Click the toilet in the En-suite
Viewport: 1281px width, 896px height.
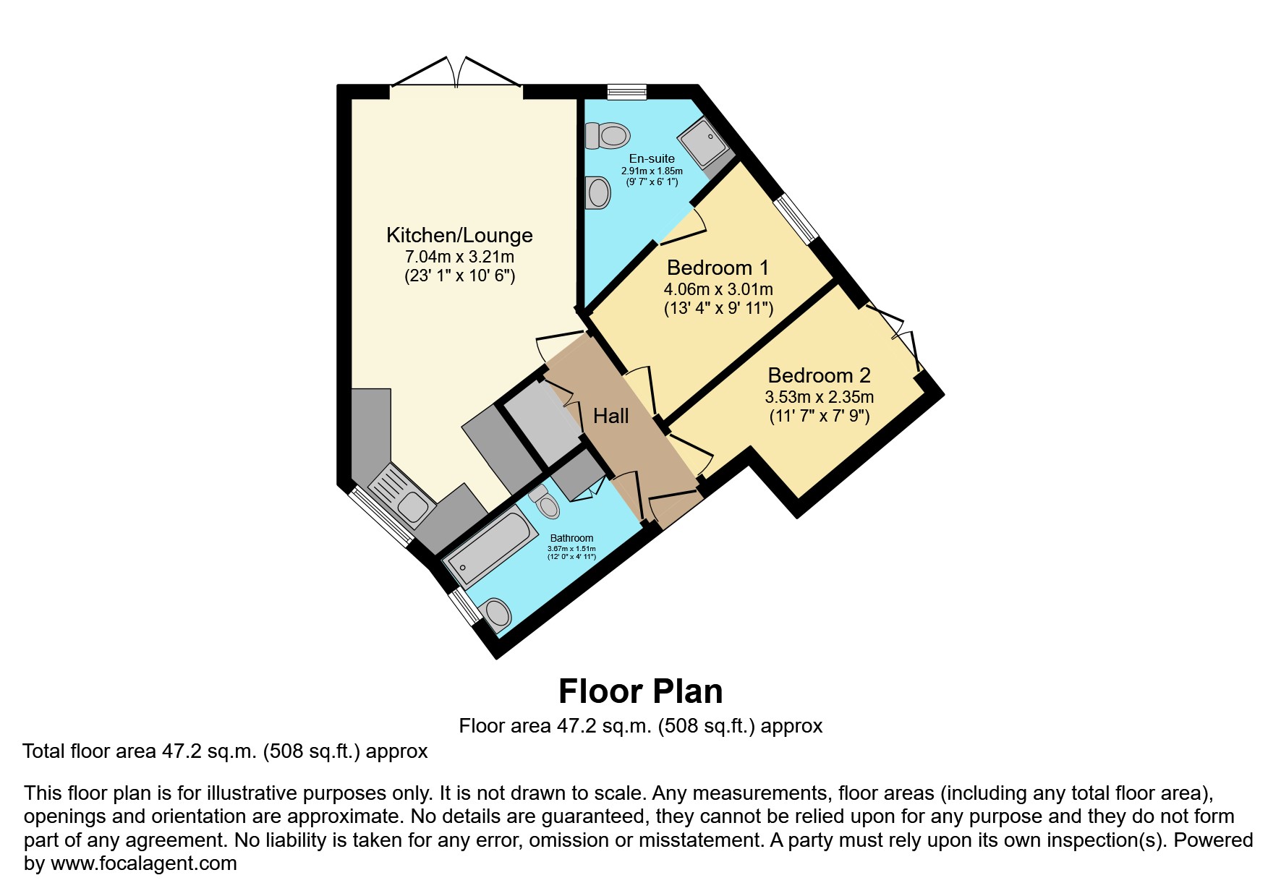(607, 135)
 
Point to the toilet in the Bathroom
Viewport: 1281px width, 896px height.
(545, 502)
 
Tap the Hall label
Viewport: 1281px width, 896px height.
(610, 416)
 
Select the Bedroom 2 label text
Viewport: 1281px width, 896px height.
(819, 375)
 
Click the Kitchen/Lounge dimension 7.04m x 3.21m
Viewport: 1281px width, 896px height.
(459, 257)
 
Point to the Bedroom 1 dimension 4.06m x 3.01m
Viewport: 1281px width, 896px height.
(718, 289)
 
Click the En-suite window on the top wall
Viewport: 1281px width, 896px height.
(626, 91)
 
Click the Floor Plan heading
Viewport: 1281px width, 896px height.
(640, 691)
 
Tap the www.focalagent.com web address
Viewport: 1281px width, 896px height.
(143, 863)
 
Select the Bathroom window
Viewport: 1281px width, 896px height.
(464, 605)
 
